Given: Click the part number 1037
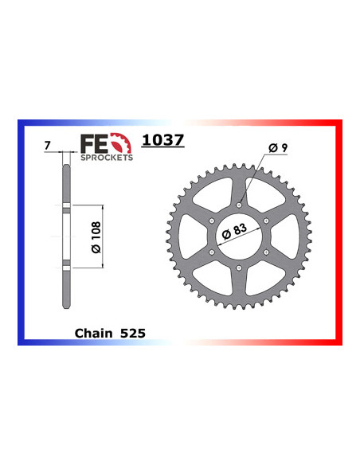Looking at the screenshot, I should coord(162,140).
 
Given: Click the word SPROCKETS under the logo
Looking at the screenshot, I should coord(106,158).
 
